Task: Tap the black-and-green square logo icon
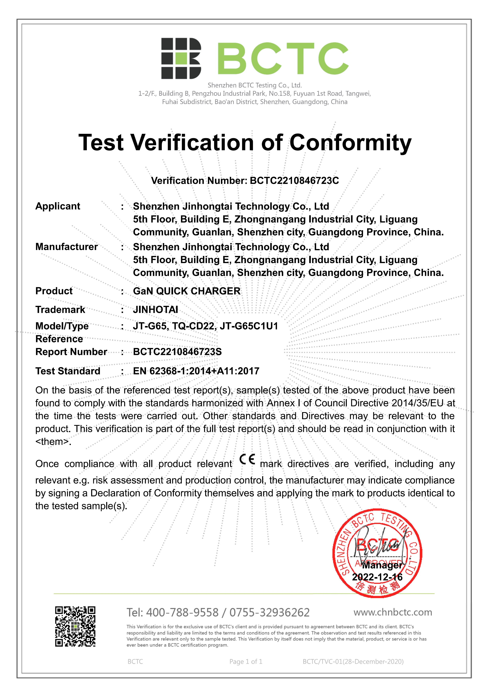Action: (181, 58)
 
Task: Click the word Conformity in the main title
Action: (350, 143)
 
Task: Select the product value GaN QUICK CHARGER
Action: (187, 291)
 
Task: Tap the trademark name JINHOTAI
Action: (155, 310)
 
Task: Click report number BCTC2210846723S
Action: (177, 352)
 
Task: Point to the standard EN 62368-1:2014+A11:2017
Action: (196, 371)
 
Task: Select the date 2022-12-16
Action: (377, 577)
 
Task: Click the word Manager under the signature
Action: (382, 565)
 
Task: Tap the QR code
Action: (75, 626)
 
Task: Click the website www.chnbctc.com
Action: (393, 612)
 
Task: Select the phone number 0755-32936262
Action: (269, 613)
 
